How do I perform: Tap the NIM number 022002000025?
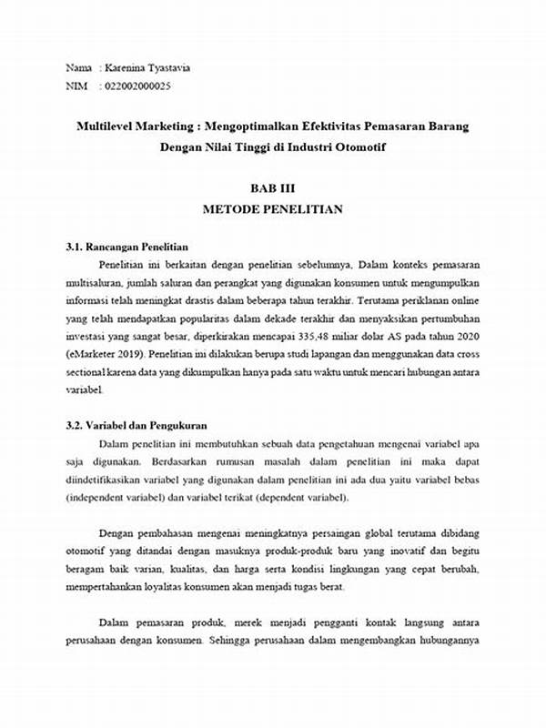[x=137, y=86]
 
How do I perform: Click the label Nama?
[x=79, y=68]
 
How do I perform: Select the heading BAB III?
[x=272, y=188]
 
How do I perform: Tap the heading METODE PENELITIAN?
[x=272, y=210]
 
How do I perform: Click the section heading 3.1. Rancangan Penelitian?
[x=126, y=248]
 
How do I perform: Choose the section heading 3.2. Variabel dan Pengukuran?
[x=137, y=425]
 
